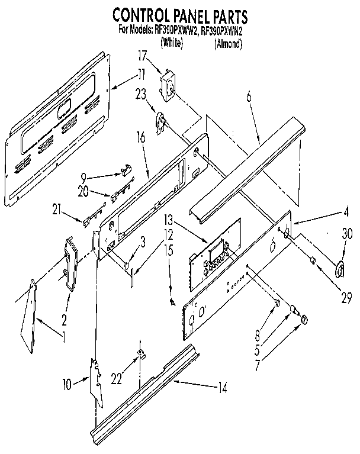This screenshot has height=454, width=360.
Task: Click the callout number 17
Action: pyautogui.click(x=142, y=57)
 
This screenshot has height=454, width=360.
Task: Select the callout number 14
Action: pyautogui.click(x=222, y=388)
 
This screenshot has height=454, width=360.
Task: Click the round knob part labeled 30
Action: pyautogui.click(x=340, y=270)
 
